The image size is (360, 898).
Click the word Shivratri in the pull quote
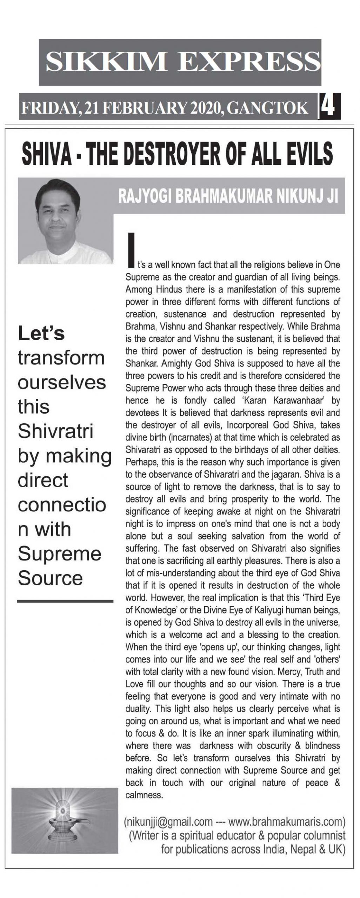point(55,431)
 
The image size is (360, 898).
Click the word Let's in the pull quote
point(41,333)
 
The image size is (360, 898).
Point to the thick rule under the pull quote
point(65,601)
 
